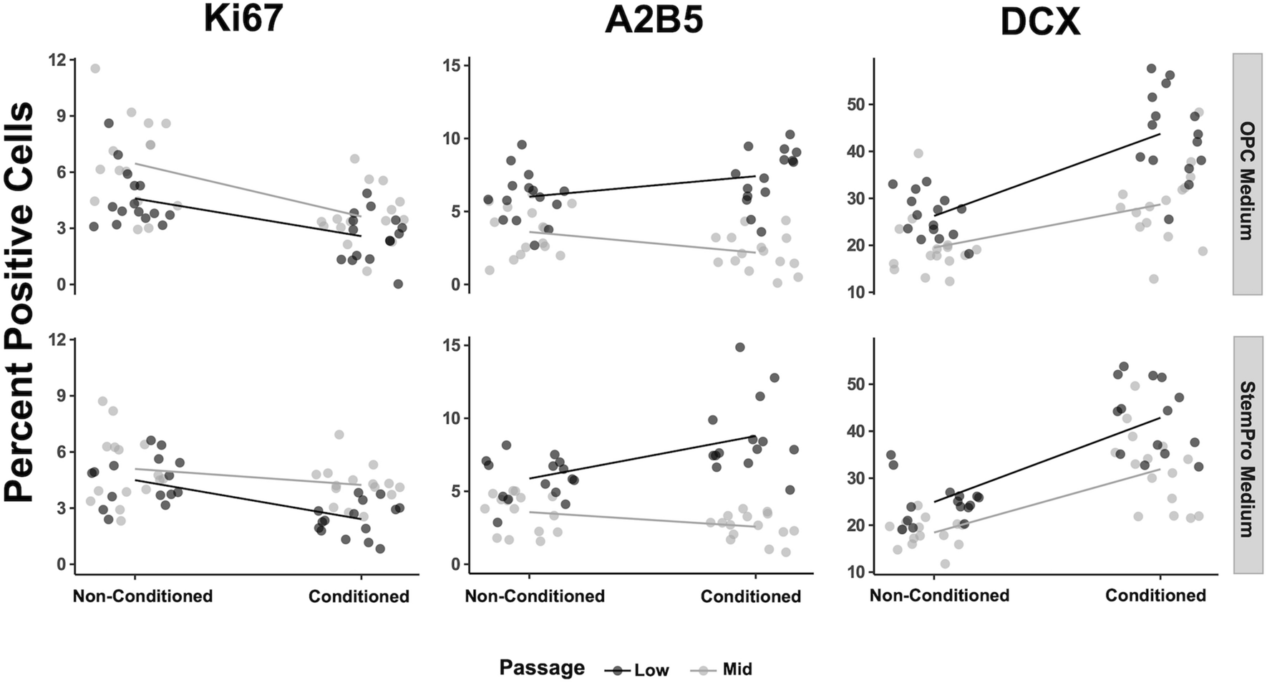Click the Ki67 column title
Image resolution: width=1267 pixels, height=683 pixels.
[x=243, y=20]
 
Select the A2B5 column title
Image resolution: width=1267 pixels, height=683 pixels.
[x=653, y=20]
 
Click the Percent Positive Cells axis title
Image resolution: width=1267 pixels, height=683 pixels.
[x=20, y=301]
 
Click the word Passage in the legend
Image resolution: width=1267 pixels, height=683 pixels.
[x=542, y=668]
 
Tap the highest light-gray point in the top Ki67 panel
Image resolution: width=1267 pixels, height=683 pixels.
[x=95, y=69]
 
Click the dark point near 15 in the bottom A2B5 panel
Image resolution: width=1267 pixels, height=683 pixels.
[x=740, y=347]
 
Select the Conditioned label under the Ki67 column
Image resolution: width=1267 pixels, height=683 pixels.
[x=359, y=596]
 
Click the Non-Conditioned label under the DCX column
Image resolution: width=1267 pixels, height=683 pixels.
[x=939, y=596]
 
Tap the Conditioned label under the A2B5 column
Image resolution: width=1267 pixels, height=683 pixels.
[x=750, y=596]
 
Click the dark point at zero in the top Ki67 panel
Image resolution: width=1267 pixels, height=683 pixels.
[x=398, y=284]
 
